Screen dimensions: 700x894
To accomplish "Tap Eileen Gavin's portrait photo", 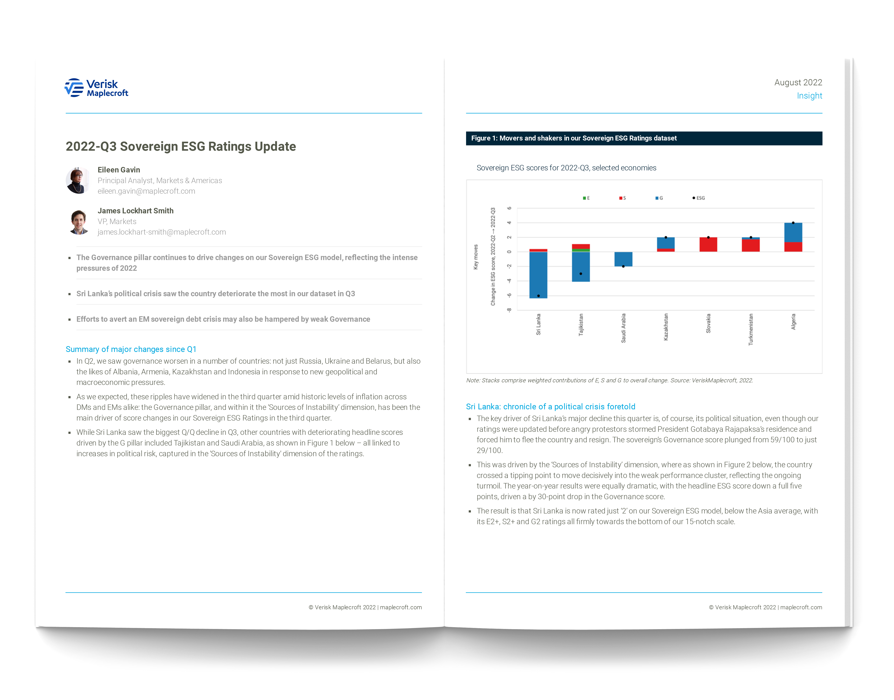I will coord(78,180).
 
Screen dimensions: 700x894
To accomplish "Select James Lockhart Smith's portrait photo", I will coord(79,222).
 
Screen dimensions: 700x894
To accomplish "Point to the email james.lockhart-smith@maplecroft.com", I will coord(162,232).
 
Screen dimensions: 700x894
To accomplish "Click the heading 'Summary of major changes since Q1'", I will coord(131,349).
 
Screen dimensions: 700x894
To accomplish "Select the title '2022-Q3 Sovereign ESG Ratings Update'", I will coord(181,146).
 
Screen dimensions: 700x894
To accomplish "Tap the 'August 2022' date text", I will coord(798,82).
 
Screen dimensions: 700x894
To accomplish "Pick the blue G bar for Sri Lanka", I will coord(538,275).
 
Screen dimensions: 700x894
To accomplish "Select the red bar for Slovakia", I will coord(708,245).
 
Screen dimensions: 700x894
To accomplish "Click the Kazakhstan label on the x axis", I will coord(666,327).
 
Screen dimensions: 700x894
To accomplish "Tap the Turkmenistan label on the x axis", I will coord(751,329).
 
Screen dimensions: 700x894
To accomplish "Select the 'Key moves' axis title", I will coord(476,257).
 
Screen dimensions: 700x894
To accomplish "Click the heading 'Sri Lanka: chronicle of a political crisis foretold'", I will coord(550,407).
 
